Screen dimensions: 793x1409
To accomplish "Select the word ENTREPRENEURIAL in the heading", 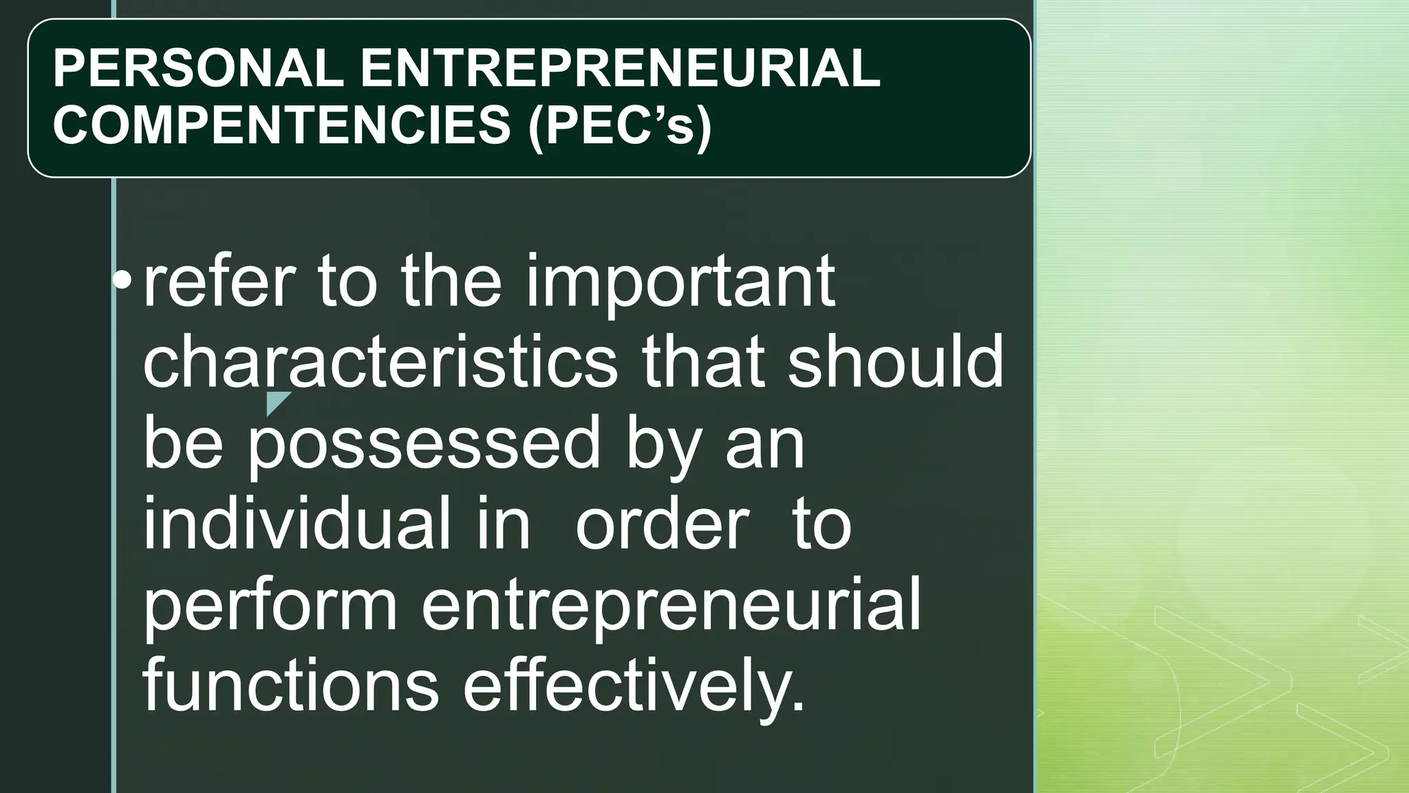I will [x=619, y=69].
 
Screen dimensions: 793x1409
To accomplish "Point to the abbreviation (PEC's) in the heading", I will [x=620, y=125].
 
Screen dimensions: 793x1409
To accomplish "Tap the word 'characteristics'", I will [x=380, y=362].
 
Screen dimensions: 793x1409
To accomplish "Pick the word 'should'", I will [x=895, y=362].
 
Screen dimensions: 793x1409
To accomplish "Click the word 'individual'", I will [x=297, y=523].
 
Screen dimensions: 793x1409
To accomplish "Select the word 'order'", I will [x=662, y=523].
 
